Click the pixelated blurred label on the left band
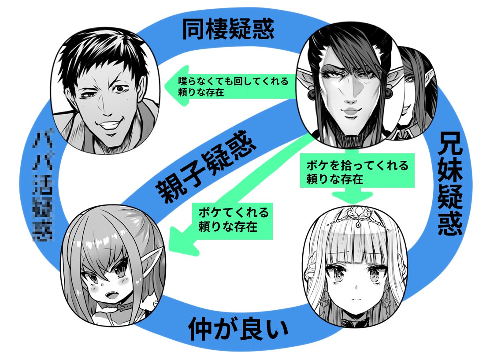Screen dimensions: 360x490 44,186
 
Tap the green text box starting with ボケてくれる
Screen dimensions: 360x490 234,219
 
